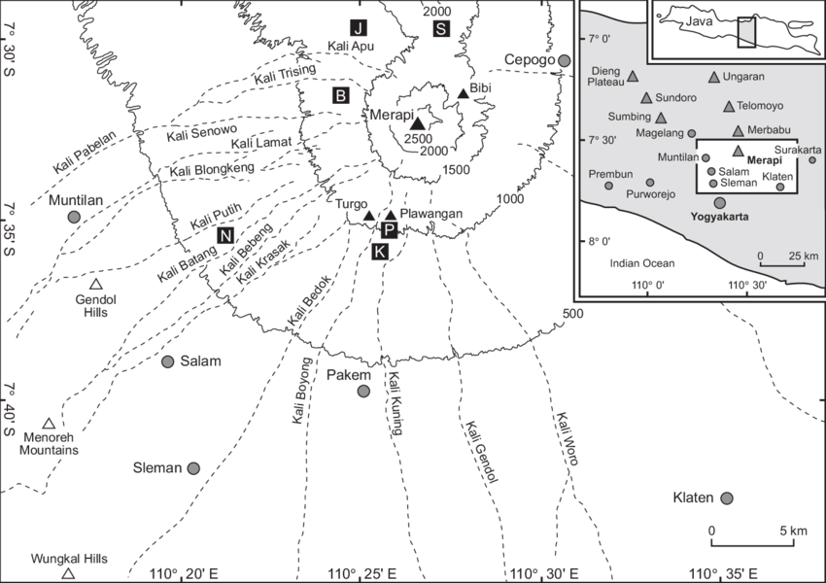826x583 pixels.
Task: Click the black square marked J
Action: [359, 26]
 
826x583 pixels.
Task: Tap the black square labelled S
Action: [441, 27]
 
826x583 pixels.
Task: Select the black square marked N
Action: [225, 234]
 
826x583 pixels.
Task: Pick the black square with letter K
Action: [380, 252]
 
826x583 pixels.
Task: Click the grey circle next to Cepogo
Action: [564, 61]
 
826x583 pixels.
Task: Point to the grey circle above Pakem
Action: [363, 392]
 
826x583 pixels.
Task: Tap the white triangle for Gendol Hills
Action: [95, 285]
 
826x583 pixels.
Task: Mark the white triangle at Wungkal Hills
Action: [68, 574]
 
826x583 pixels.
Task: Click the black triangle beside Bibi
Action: [464, 94]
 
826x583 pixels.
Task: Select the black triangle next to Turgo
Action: [369, 216]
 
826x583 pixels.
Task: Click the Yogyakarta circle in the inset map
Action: [720, 203]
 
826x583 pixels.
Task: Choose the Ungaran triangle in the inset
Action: [714, 77]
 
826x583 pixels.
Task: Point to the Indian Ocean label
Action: [642, 263]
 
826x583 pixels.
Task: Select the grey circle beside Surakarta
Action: [812, 160]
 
